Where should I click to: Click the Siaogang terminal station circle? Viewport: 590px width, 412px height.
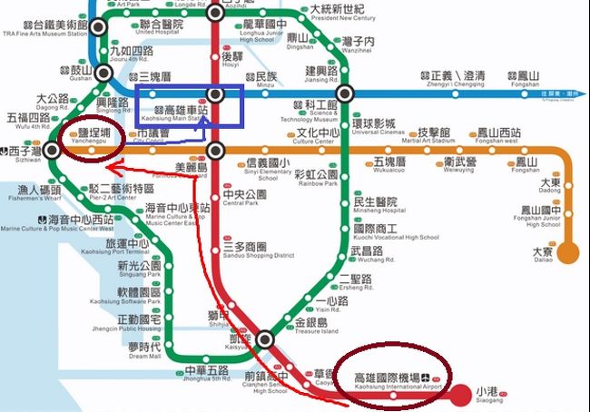[x=461, y=393]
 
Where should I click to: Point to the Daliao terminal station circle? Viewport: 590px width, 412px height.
[x=569, y=251]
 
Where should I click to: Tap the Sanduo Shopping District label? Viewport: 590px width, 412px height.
[x=258, y=250]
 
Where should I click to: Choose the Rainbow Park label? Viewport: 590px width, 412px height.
[x=316, y=178]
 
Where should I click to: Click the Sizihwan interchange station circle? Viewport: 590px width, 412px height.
[x=54, y=152]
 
